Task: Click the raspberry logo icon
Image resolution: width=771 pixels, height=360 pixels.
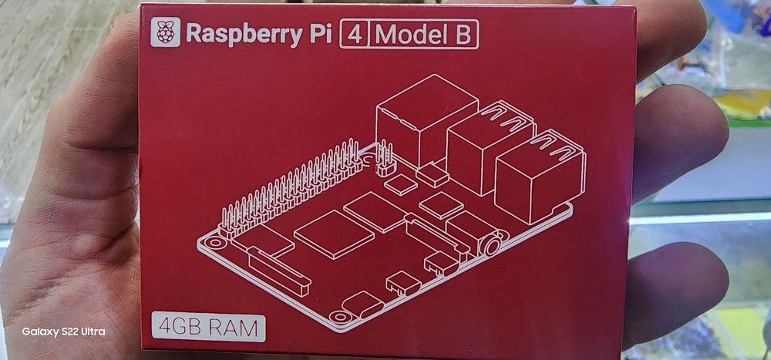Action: click(x=165, y=32)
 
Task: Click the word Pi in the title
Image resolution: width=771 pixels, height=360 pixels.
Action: click(x=320, y=33)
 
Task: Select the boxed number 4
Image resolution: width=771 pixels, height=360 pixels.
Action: click(x=355, y=34)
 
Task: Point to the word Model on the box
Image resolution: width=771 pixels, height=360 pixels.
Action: click(x=412, y=34)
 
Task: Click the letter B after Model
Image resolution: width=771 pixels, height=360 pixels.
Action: click(x=463, y=35)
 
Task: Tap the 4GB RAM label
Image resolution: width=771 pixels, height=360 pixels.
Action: click(x=208, y=327)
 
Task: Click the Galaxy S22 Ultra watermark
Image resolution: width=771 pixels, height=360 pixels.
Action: click(x=63, y=331)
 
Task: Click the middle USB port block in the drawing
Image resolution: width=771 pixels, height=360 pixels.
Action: click(x=490, y=147)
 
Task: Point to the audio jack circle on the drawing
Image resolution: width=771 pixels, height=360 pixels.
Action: click(x=492, y=245)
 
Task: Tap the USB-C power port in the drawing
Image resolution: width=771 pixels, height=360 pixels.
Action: click(x=363, y=304)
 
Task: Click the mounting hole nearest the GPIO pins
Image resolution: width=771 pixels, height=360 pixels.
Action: click(x=214, y=243)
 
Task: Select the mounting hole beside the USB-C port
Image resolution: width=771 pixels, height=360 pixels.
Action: click(x=339, y=317)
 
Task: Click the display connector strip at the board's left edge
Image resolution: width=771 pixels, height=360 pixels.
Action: click(x=279, y=271)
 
